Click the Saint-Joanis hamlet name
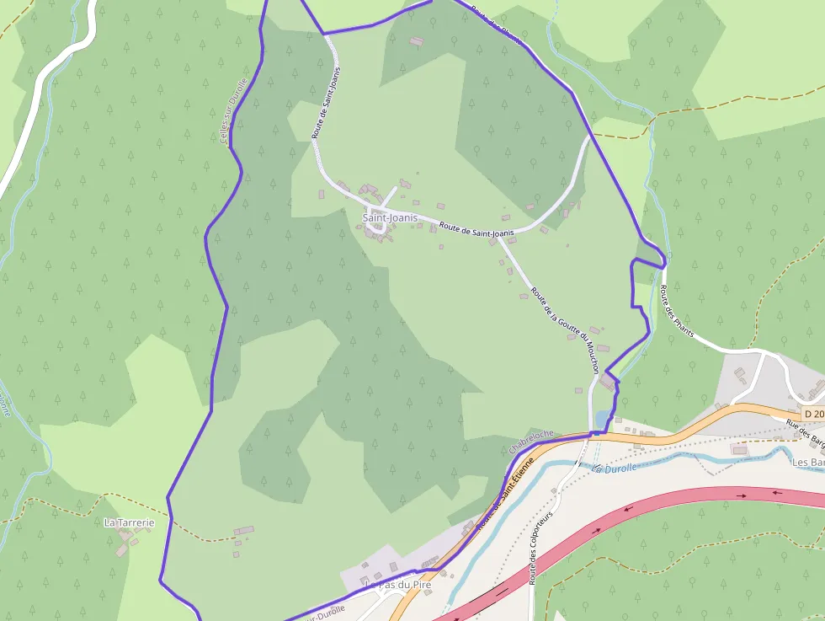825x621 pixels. tap(390, 217)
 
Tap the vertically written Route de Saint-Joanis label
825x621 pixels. tap(327, 102)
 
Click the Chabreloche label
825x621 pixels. tap(532, 439)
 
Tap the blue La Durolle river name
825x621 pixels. tap(615, 468)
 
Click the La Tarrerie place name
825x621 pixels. tap(129, 522)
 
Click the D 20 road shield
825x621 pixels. tap(813, 414)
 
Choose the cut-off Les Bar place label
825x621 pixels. tap(807, 462)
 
